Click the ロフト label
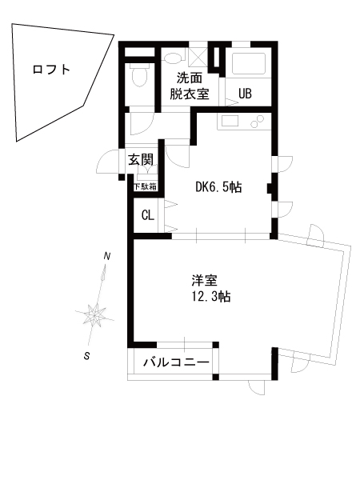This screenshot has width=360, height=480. pos(51,70)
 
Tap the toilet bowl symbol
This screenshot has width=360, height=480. pos(139,75)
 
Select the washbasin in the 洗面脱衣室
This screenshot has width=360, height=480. pos(172,58)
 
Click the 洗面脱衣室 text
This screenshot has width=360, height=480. pos(190,86)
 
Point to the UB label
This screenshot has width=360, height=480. pos(245,94)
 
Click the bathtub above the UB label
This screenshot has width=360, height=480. pos(249,64)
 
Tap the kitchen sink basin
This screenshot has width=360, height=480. pos(230,121)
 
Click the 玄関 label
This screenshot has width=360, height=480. pos(141,159)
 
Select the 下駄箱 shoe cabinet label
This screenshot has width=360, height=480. pos(145,186)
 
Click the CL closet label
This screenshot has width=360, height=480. pos(148,215)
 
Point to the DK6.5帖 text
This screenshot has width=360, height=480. pos(218,187)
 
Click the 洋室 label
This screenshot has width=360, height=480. pos(205,280)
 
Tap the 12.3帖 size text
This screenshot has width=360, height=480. pos(211,297)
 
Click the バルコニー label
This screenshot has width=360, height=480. pos(177,362)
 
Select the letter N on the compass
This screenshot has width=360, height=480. pos(107,256)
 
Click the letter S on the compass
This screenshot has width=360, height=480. pos(87,356)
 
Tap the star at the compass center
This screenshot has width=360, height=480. pos(95,314)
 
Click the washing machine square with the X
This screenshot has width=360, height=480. pos(198,57)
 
